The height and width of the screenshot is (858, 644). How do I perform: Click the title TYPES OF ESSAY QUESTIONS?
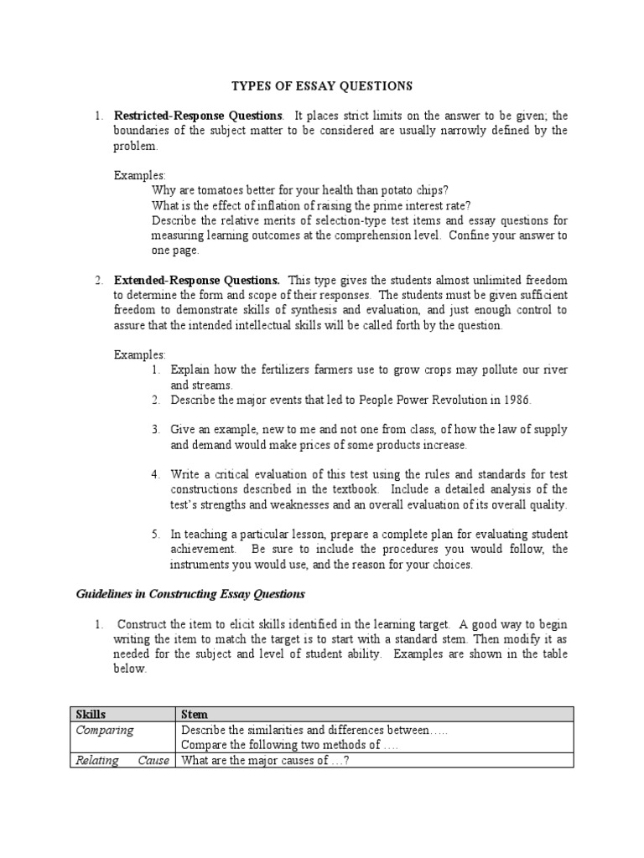321,85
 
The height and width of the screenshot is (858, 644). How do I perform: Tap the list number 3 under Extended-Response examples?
155,429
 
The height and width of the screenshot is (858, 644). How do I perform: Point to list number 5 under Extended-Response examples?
155,534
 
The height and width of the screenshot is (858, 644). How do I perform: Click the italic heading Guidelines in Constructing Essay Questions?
190,594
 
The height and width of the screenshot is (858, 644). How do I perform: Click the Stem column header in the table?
195,714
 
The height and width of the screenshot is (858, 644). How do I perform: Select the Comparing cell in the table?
105,730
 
